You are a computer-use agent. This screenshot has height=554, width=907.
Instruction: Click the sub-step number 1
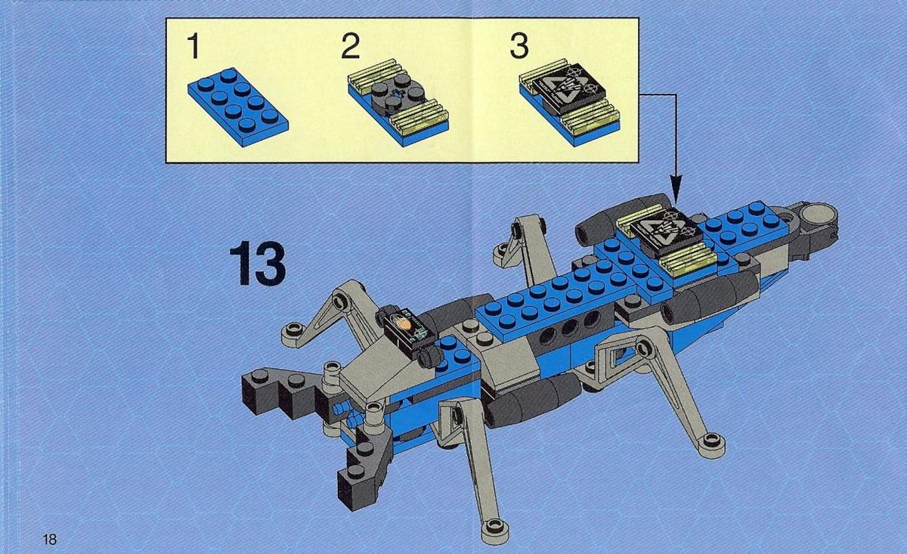point(193,46)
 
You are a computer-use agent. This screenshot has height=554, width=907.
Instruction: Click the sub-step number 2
point(351,46)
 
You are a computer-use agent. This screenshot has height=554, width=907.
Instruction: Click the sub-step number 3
point(519,46)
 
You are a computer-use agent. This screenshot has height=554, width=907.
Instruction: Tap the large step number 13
point(258,263)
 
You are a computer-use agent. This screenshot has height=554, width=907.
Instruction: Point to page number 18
point(49,540)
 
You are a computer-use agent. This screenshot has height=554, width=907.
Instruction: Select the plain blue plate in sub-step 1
point(238,107)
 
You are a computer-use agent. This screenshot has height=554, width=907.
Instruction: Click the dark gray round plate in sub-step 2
point(398,92)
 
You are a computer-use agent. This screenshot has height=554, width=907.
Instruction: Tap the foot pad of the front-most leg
point(495,527)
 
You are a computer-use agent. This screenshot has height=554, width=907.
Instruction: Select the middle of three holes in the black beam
point(570,327)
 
